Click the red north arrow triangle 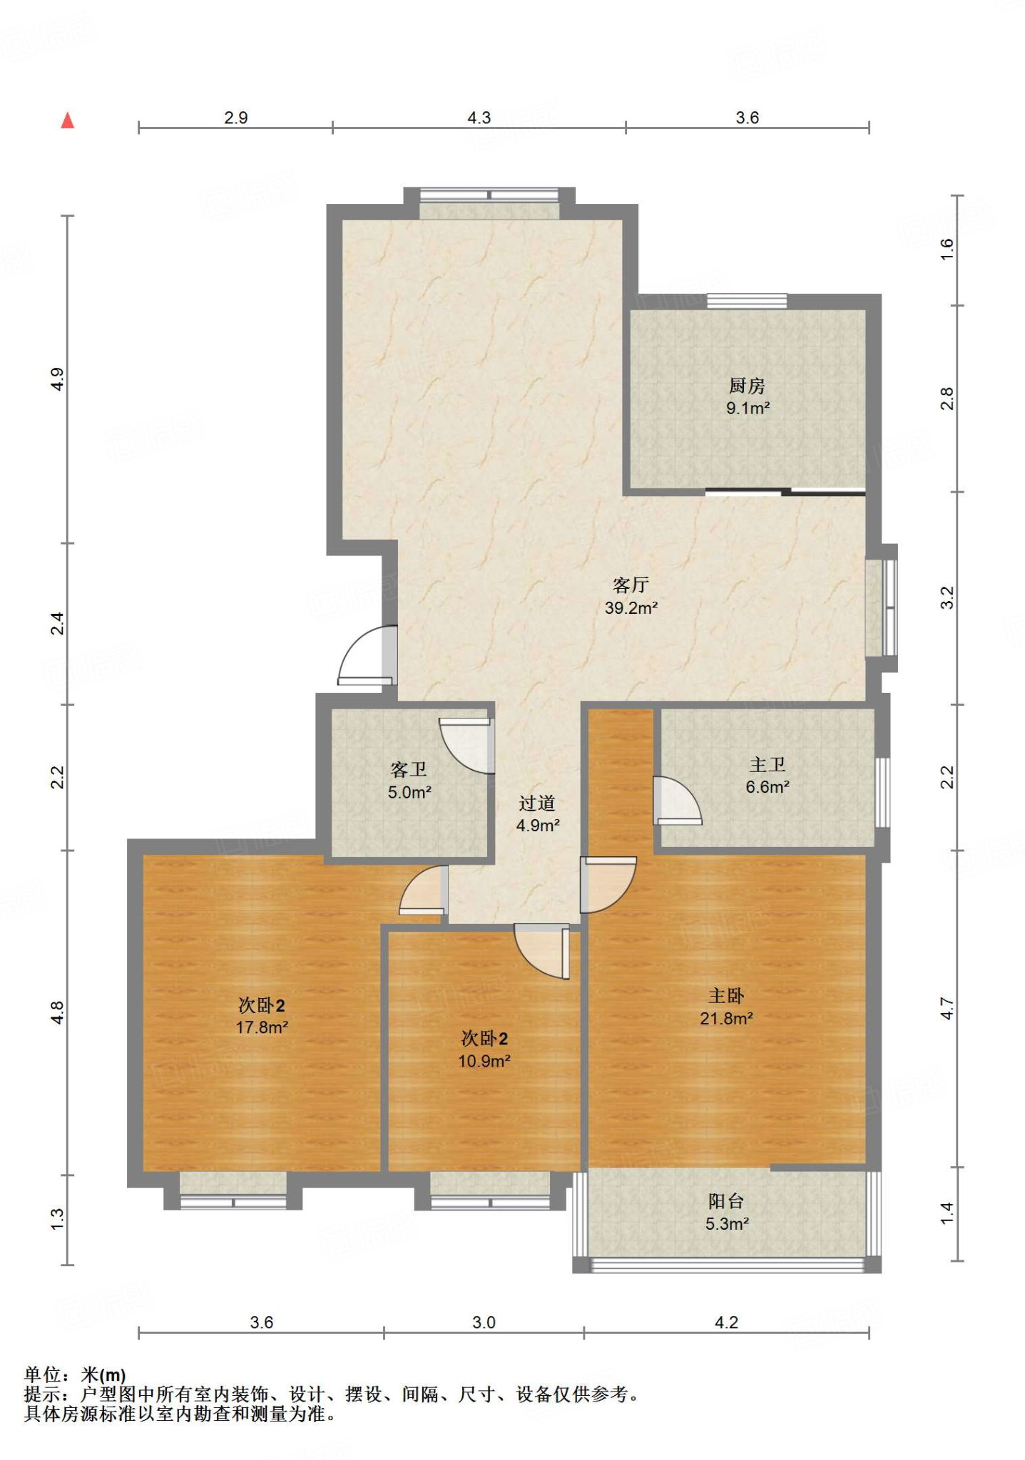tap(68, 120)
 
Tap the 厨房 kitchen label tap(747, 386)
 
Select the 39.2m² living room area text tap(631, 608)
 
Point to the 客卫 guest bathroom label tap(409, 770)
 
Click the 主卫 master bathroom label tap(768, 765)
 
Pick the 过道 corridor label tap(537, 803)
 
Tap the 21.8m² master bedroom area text tap(726, 1019)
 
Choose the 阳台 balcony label tap(726, 1201)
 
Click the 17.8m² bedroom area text tap(262, 1027)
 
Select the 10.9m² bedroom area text tap(484, 1061)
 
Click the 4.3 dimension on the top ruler tap(479, 118)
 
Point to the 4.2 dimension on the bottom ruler tap(726, 1322)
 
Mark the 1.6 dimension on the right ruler tap(947, 249)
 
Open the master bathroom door tap(678, 800)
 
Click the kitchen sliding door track tap(785, 491)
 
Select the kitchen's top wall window tap(747, 301)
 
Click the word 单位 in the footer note tap(43, 1374)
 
